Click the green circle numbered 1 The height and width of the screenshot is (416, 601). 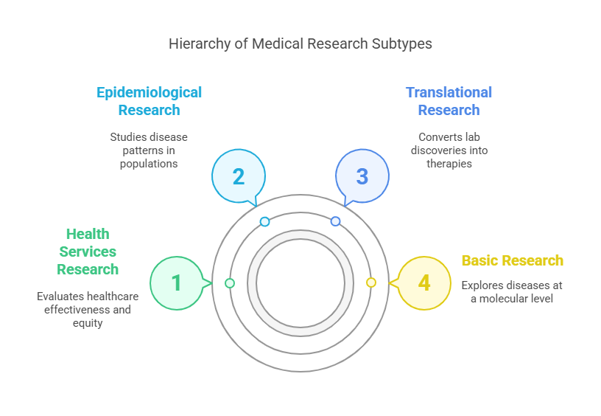pyautogui.click(x=176, y=282)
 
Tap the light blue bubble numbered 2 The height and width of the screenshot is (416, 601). pyautogui.click(x=238, y=176)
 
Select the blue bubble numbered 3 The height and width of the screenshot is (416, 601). pyautogui.click(x=362, y=176)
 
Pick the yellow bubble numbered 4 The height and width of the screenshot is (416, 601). pyautogui.click(x=424, y=282)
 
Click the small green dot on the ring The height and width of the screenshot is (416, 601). pyautogui.click(x=230, y=283)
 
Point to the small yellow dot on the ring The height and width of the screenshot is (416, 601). pyautogui.click(x=371, y=282)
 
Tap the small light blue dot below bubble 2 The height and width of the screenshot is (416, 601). pyautogui.click(x=265, y=221)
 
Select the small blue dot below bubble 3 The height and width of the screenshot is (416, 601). pyautogui.click(x=335, y=221)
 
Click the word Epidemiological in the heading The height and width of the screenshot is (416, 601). pyautogui.click(x=149, y=92)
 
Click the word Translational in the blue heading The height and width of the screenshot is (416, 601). pyautogui.click(x=449, y=92)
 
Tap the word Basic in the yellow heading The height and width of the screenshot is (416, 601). pyautogui.click(x=480, y=260)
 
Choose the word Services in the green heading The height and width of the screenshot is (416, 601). pyautogui.click(x=88, y=252)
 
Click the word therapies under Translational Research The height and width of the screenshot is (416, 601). pyautogui.click(x=449, y=163)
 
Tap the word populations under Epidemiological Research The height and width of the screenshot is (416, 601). pyautogui.click(x=149, y=163)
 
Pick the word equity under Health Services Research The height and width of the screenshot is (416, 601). pyautogui.click(x=88, y=322)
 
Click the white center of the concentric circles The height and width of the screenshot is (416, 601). pyautogui.click(x=300, y=283)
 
